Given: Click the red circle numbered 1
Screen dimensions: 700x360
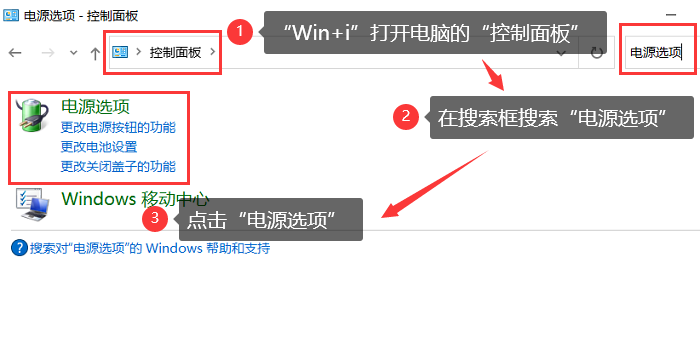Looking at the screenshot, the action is [239, 32].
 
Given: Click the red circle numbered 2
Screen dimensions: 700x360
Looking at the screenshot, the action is [404, 116].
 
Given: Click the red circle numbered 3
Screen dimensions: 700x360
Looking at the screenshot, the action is [153, 217].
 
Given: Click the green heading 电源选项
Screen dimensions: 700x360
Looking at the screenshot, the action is [95, 106].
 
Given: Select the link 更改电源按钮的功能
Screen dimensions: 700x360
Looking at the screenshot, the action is [117, 127].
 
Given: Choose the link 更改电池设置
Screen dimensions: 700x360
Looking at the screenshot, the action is [98, 147].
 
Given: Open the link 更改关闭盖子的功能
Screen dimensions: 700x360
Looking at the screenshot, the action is [117, 167].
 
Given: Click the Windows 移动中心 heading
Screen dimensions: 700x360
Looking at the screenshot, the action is [135, 198].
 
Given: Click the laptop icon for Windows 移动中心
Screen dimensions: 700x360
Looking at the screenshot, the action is [33, 204].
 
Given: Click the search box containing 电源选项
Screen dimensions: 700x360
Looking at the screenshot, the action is [655, 52].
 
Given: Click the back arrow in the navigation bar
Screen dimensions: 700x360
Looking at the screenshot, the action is [15, 52].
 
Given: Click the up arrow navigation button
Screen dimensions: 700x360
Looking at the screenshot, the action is [94, 52].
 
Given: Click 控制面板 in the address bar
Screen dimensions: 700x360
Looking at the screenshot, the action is [174, 52].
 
